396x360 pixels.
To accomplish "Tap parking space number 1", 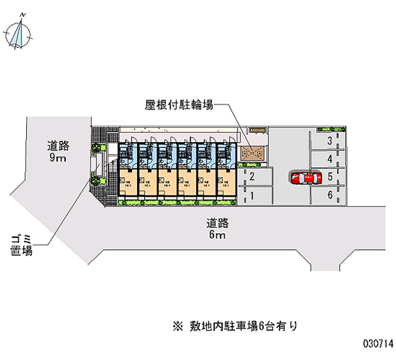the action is [252, 196].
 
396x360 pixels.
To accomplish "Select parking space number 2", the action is [252, 177].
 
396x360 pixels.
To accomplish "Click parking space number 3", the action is [329, 142].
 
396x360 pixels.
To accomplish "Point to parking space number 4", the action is [329, 159].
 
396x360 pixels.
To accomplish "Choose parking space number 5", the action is [329, 177].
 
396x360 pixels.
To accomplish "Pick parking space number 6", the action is [329, 195].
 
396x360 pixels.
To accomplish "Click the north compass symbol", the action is [18, 34].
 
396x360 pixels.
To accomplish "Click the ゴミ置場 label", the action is [21, 246].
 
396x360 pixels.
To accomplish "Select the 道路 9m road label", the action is [58, 152].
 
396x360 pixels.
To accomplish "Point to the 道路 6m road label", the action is [217, 228].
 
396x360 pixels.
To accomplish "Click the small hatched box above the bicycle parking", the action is [257, 130].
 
